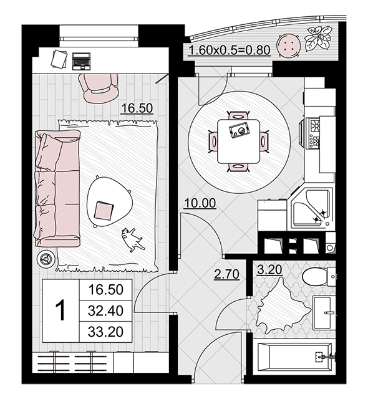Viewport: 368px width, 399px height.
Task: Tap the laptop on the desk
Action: (x=81, y=61)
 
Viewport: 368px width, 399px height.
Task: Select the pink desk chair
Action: (x=98, y=88)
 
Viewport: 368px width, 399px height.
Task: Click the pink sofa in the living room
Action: (x=57, y=188)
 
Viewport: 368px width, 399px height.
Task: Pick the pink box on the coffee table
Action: (x=104, y=211)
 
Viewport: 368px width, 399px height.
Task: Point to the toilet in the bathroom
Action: (x=319, y=276)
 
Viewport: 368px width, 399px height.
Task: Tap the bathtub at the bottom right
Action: (x=294, y=357)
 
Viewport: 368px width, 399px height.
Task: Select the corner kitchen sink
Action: (x=311, y=208)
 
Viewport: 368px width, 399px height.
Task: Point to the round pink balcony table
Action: (x=288, y=46)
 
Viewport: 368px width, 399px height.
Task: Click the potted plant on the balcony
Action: (x=318, y=38)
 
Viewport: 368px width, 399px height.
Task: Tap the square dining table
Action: (x=238, y=142)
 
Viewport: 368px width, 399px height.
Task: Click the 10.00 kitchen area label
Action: (x=200, y=203)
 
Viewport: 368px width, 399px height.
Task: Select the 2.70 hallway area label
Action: (x=226, y=274)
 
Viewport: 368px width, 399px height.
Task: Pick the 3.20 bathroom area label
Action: (x=269, y=270)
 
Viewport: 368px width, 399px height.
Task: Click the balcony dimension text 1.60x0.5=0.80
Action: (x=230, y=50)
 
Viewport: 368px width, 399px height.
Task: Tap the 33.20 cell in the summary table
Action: (x=105, y=332)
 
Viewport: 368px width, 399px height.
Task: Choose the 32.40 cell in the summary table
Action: (x=105, y=310)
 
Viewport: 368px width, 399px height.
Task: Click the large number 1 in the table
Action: (x=61, y=310)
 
